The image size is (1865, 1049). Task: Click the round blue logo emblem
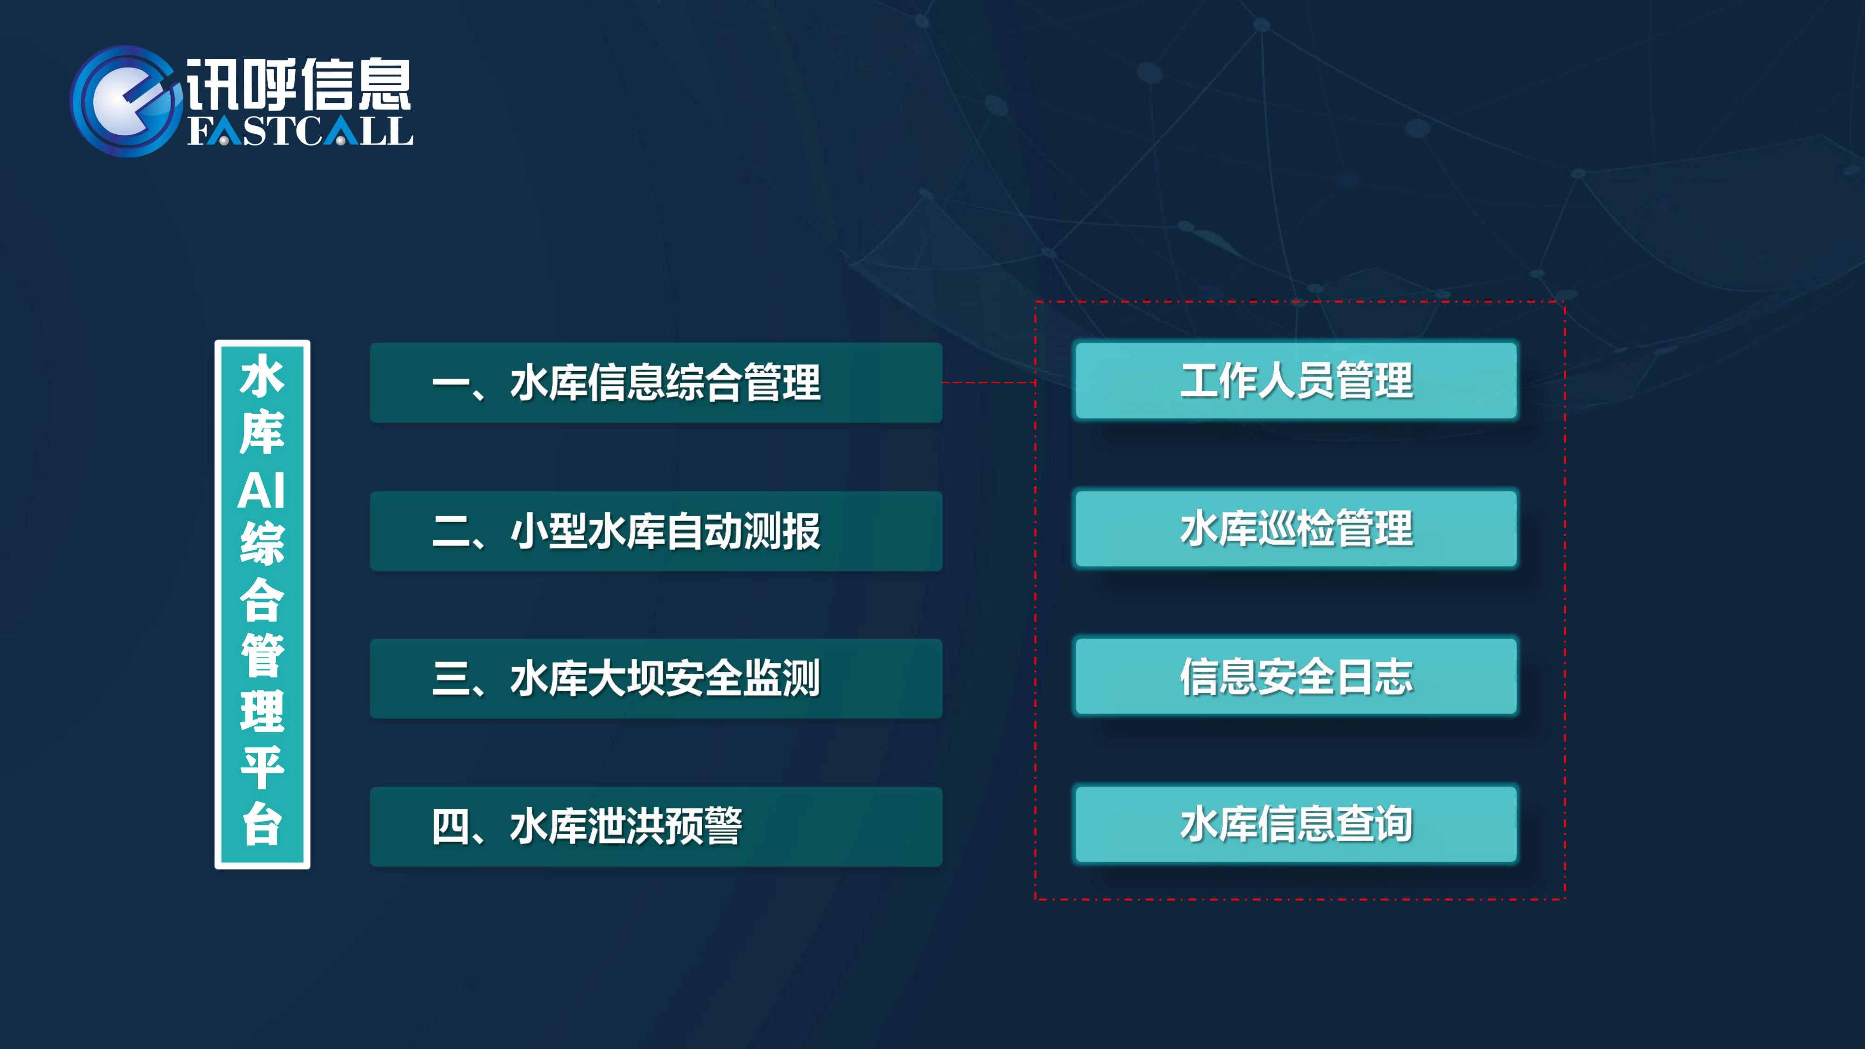124,101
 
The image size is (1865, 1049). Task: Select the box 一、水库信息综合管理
656,382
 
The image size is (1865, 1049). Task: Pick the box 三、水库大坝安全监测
656,678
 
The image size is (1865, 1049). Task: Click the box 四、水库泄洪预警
656,827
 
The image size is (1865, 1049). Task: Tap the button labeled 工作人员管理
1296,381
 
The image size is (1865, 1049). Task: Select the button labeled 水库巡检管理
1296,529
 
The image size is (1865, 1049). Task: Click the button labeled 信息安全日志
1296,676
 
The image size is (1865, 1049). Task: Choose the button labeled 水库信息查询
1296,824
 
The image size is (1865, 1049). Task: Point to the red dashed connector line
989,382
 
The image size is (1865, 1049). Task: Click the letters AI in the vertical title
262,491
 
